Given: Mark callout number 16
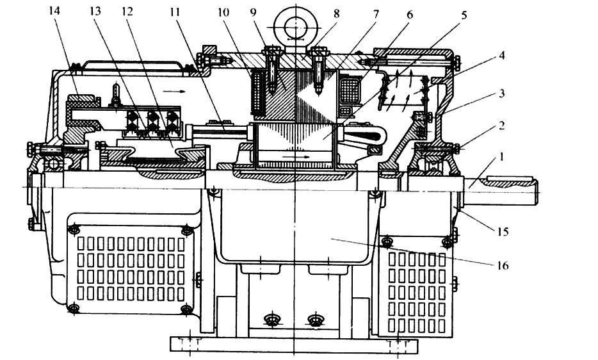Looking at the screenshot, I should pyautogui.click(x=503, y=265).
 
